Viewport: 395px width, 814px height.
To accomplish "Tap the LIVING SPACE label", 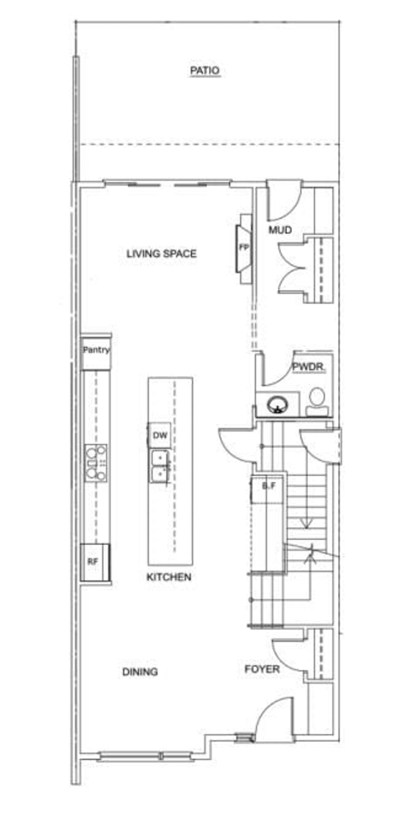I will [161, 253].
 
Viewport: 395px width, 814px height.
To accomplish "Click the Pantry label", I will [96, 350].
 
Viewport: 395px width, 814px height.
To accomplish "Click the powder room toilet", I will [317, 401].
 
